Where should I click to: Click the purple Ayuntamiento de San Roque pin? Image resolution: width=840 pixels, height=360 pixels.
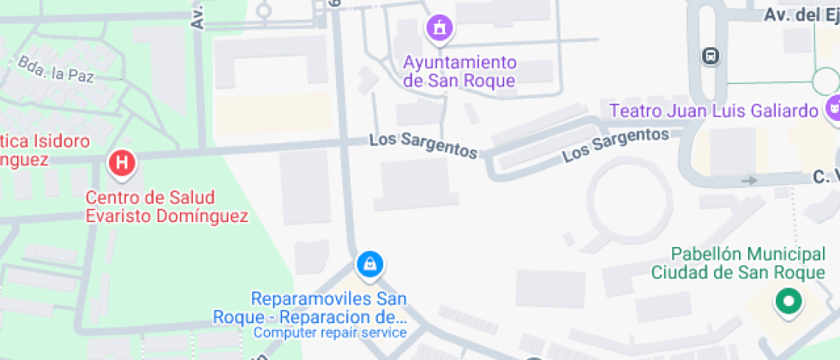tap(440, 27)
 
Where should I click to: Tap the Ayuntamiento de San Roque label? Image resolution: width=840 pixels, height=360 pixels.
tap(459, 72)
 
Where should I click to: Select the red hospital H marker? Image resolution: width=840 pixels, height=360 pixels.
tap(123, 163)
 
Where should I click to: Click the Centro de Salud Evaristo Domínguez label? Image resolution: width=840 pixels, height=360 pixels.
tap(166, 207)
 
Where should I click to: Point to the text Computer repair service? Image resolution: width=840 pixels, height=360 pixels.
tap(330, 333)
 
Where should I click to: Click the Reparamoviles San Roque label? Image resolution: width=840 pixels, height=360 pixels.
tap(329, 308)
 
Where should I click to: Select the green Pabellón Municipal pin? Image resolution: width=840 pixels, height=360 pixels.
tap(787, 301)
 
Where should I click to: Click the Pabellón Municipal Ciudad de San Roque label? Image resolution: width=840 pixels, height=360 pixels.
tap(737, 263)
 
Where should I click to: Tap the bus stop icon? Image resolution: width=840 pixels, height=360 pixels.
tap(711, 57)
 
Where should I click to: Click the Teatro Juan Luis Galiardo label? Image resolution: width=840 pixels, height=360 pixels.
tap(714, 111)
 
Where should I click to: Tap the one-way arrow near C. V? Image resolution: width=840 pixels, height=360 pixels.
tap(749, 180)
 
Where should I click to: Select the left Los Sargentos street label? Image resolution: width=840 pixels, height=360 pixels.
tap(423, 145)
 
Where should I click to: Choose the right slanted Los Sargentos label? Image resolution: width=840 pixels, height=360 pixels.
tap(615, 144)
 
